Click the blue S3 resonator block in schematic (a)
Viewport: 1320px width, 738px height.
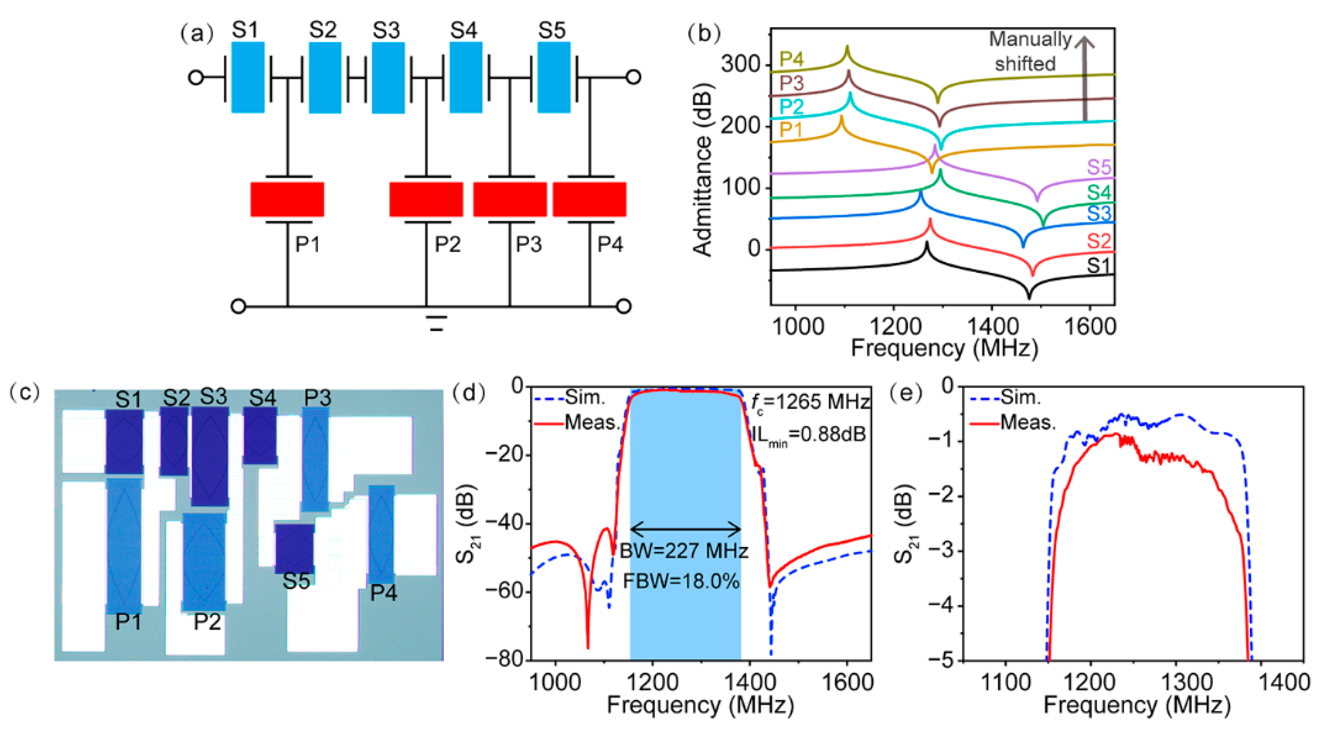pyautogui.click(x=388, y=78)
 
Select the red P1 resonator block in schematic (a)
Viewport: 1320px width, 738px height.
pyautogui.click(x=287, y=199)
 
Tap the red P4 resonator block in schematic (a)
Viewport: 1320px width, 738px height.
pyautogui.click(x=589, y=199)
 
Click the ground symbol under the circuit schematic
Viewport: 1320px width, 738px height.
pyautogui.click(x=436, y=323)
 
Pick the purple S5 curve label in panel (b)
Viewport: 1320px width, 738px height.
pyautogui.click(x=1099, y=167)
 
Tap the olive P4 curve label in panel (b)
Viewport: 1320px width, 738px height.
pyautogui.click(x=792, y=59)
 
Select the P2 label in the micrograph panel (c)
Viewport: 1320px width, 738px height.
pyautogui.click(x=207, y=622)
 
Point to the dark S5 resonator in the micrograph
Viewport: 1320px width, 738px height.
pyautogui.click(x=295, y=547)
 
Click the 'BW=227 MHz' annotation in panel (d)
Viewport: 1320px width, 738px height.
pyautogui.click(x=684, y=551)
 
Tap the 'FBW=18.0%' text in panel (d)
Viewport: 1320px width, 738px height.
pyautogui.click(x=682, y=582)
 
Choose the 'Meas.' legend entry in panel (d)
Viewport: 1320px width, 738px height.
pyautogui.click(x=592, y=423)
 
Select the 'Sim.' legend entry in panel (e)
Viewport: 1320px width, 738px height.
pyautogui.click(x=1020, y=397)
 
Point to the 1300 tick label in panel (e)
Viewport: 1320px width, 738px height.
pyautogui.click(x=1187, y=683)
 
